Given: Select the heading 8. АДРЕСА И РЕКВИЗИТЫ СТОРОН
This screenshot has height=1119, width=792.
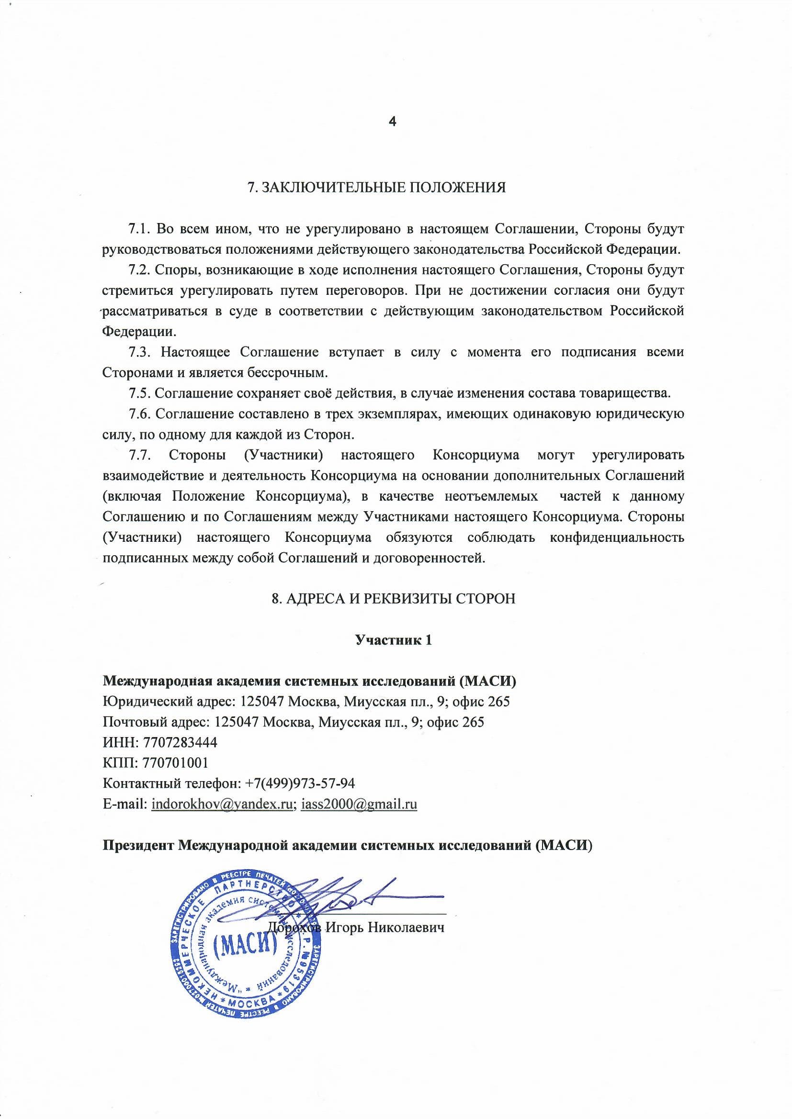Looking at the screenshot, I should (393, 598).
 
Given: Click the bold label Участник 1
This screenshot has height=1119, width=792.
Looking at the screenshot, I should (393, 639).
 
